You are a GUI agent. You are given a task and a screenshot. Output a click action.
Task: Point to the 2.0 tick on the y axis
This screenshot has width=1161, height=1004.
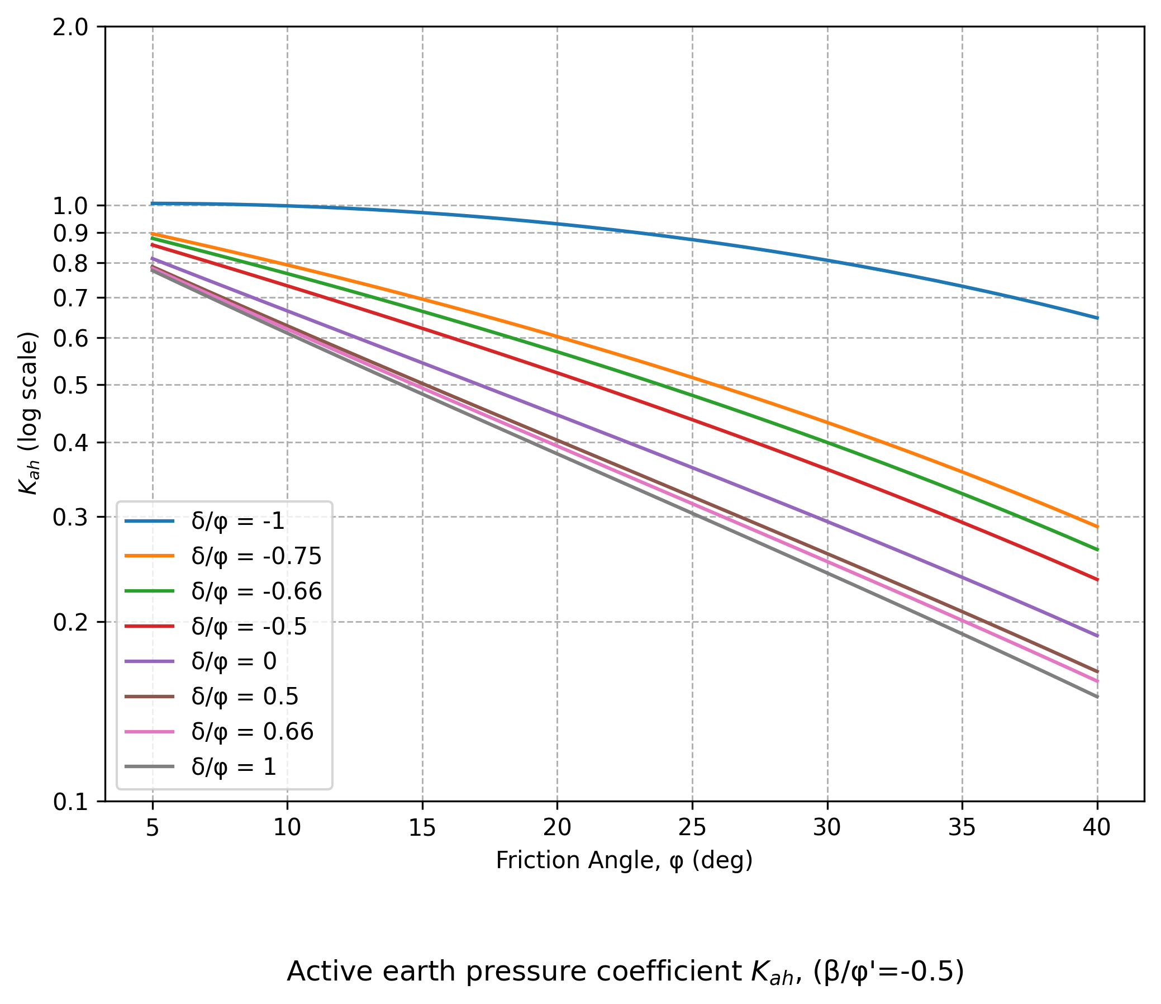70,27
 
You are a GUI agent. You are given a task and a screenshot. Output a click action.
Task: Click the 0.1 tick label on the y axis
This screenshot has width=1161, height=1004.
70,802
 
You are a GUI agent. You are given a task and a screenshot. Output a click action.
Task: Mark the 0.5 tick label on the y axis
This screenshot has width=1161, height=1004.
70,385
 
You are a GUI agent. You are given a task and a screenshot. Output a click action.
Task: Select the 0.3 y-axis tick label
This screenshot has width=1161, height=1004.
70,518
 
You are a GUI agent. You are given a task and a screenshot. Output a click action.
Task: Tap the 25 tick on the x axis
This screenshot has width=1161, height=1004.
692,827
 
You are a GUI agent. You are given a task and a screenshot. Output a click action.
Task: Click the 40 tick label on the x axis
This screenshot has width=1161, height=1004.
1097,827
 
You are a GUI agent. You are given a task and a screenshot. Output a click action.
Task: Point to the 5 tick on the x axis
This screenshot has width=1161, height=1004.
153,827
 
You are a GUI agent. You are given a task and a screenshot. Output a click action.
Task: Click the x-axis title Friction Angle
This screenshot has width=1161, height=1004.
624,860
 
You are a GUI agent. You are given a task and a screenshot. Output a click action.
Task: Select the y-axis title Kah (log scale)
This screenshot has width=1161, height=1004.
28,413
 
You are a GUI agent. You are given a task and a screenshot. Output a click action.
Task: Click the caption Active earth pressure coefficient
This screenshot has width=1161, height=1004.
625,971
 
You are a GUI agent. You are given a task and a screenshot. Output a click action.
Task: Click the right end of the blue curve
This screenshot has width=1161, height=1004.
1097,318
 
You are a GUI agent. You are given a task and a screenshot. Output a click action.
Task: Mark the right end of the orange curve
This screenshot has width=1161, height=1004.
1097,527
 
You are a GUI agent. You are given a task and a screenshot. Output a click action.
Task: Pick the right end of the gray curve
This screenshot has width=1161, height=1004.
1097,697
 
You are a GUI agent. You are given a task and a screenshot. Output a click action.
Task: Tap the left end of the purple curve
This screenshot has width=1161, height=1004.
153,258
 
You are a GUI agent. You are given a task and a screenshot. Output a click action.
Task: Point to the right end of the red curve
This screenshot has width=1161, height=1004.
1097,580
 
